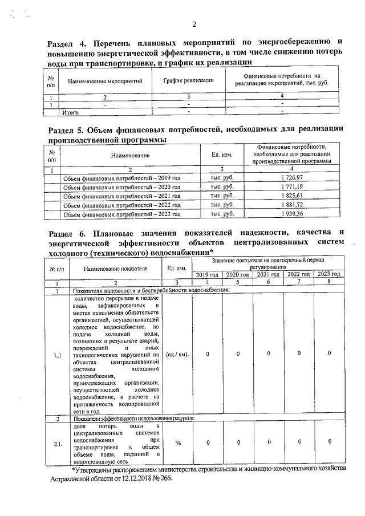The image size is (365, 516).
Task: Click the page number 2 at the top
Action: point(194,24)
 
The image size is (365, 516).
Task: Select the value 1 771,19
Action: point(291,186)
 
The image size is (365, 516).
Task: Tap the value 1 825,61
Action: point(291,196)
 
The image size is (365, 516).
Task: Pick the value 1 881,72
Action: point(291,204)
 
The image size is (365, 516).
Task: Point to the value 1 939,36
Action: point(291,214)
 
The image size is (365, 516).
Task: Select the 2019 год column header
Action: point(207,275)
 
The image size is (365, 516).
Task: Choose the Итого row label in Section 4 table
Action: point(70,112)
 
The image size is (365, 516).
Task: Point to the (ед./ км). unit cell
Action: point(177,354)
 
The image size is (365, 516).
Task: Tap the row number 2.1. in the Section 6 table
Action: point(58,443)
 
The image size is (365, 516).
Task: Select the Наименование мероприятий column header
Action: point(105,81)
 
